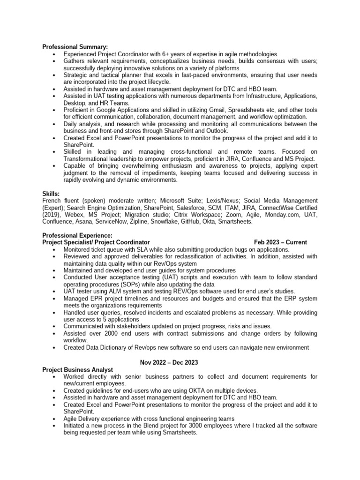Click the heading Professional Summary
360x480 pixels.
(x=75, y=47)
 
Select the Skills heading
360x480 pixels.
(x=51, y=193)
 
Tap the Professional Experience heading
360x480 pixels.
(x=77, y=235)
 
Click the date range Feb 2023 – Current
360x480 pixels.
(x=280, y=242)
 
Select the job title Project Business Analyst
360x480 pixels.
(x=77, y=370)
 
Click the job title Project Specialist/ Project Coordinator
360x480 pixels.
(x=96, y=242)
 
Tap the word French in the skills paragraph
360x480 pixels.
(x=52, y=201)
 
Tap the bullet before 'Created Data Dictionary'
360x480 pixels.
(x=55, y=348)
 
